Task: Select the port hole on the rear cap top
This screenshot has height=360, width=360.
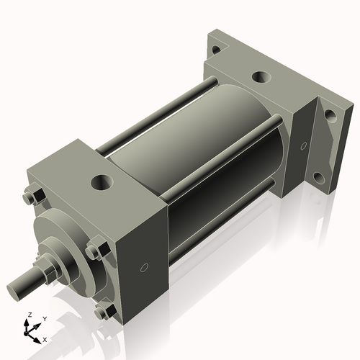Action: [x=258, y=76]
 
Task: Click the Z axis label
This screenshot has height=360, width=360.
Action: [x=28, y=315]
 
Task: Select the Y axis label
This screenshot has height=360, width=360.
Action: [x=44, y=318]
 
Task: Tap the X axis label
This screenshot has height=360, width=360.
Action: [x=45, y=338]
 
